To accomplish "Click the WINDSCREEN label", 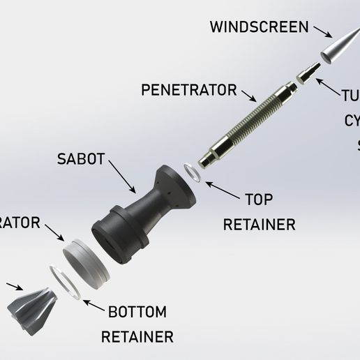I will tap(259, 28).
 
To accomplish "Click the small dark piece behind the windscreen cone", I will tap(308, 73).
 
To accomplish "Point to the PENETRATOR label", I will tap(188, 90).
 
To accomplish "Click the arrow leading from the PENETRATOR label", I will tap(248, 94).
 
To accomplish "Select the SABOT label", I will tap(81, 158).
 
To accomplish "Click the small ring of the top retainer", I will tap(193, 172).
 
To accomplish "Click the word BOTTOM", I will tap(137, 312).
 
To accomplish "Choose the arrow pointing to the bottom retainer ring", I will tap(91, 303).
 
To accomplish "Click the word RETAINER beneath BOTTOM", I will tap(137, 337).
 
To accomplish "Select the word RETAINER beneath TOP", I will tap(259, 225).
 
